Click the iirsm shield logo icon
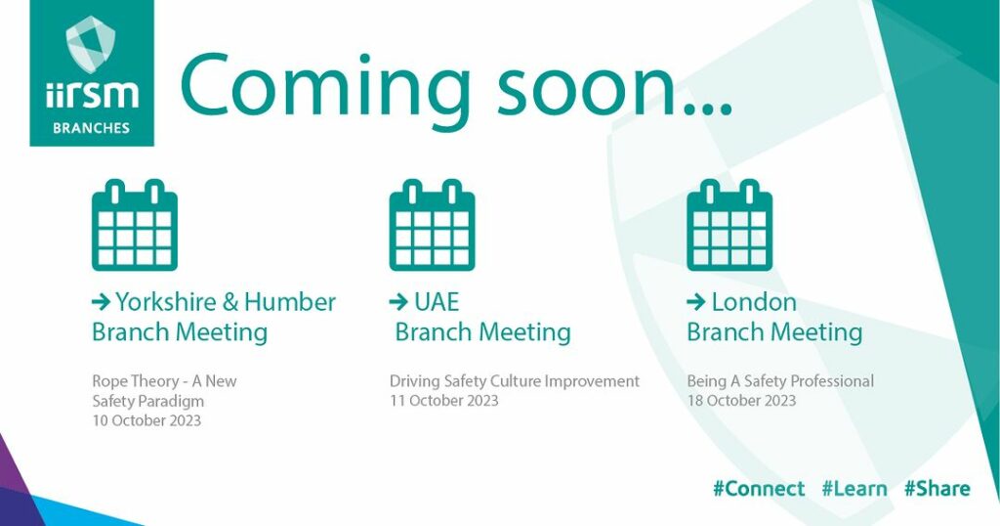pos(91,44)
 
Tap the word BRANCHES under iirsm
pos(91,128)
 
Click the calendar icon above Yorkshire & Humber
pos(135,225)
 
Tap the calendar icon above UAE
pos(433,225)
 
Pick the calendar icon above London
pos(729,225)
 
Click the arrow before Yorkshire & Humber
pos(101,302)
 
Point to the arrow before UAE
pos(398,302)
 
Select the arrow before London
pos(695,302)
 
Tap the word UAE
pos(437,302)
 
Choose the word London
pos(754,302)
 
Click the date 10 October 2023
pos(146,420)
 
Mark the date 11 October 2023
pos(444,401)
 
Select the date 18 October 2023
pos(742,401)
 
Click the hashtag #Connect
pos(759,489)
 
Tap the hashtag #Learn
pos(854,489)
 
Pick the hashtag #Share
pos(937,489)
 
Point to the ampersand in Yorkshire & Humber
pos(229,302)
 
